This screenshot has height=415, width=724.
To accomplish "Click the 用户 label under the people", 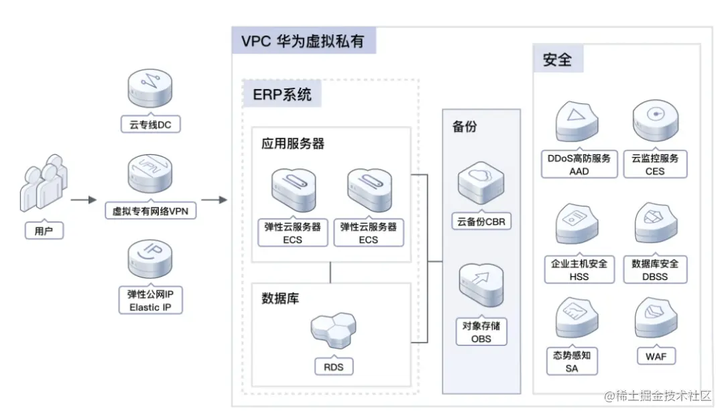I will pos(44,231).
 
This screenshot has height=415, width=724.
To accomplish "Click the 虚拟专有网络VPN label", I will pos(150,211).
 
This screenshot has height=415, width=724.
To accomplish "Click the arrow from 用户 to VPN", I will pos(84,200).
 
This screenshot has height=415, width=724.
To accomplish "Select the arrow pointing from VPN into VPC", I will pos(213,200).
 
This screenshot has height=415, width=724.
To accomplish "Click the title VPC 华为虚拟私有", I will pos(303,41).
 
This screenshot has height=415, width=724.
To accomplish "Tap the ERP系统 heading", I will pos(282,95).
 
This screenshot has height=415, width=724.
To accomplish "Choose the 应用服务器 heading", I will pos(293,143).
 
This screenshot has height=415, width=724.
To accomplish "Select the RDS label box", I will pos(334,366).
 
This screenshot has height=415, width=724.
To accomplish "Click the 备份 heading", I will pos(465,126).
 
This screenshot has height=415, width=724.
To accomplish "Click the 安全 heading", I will pos(557,60).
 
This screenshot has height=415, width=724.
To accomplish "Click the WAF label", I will pos(656,356).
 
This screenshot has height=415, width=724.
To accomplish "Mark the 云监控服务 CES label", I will pos(655,164).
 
